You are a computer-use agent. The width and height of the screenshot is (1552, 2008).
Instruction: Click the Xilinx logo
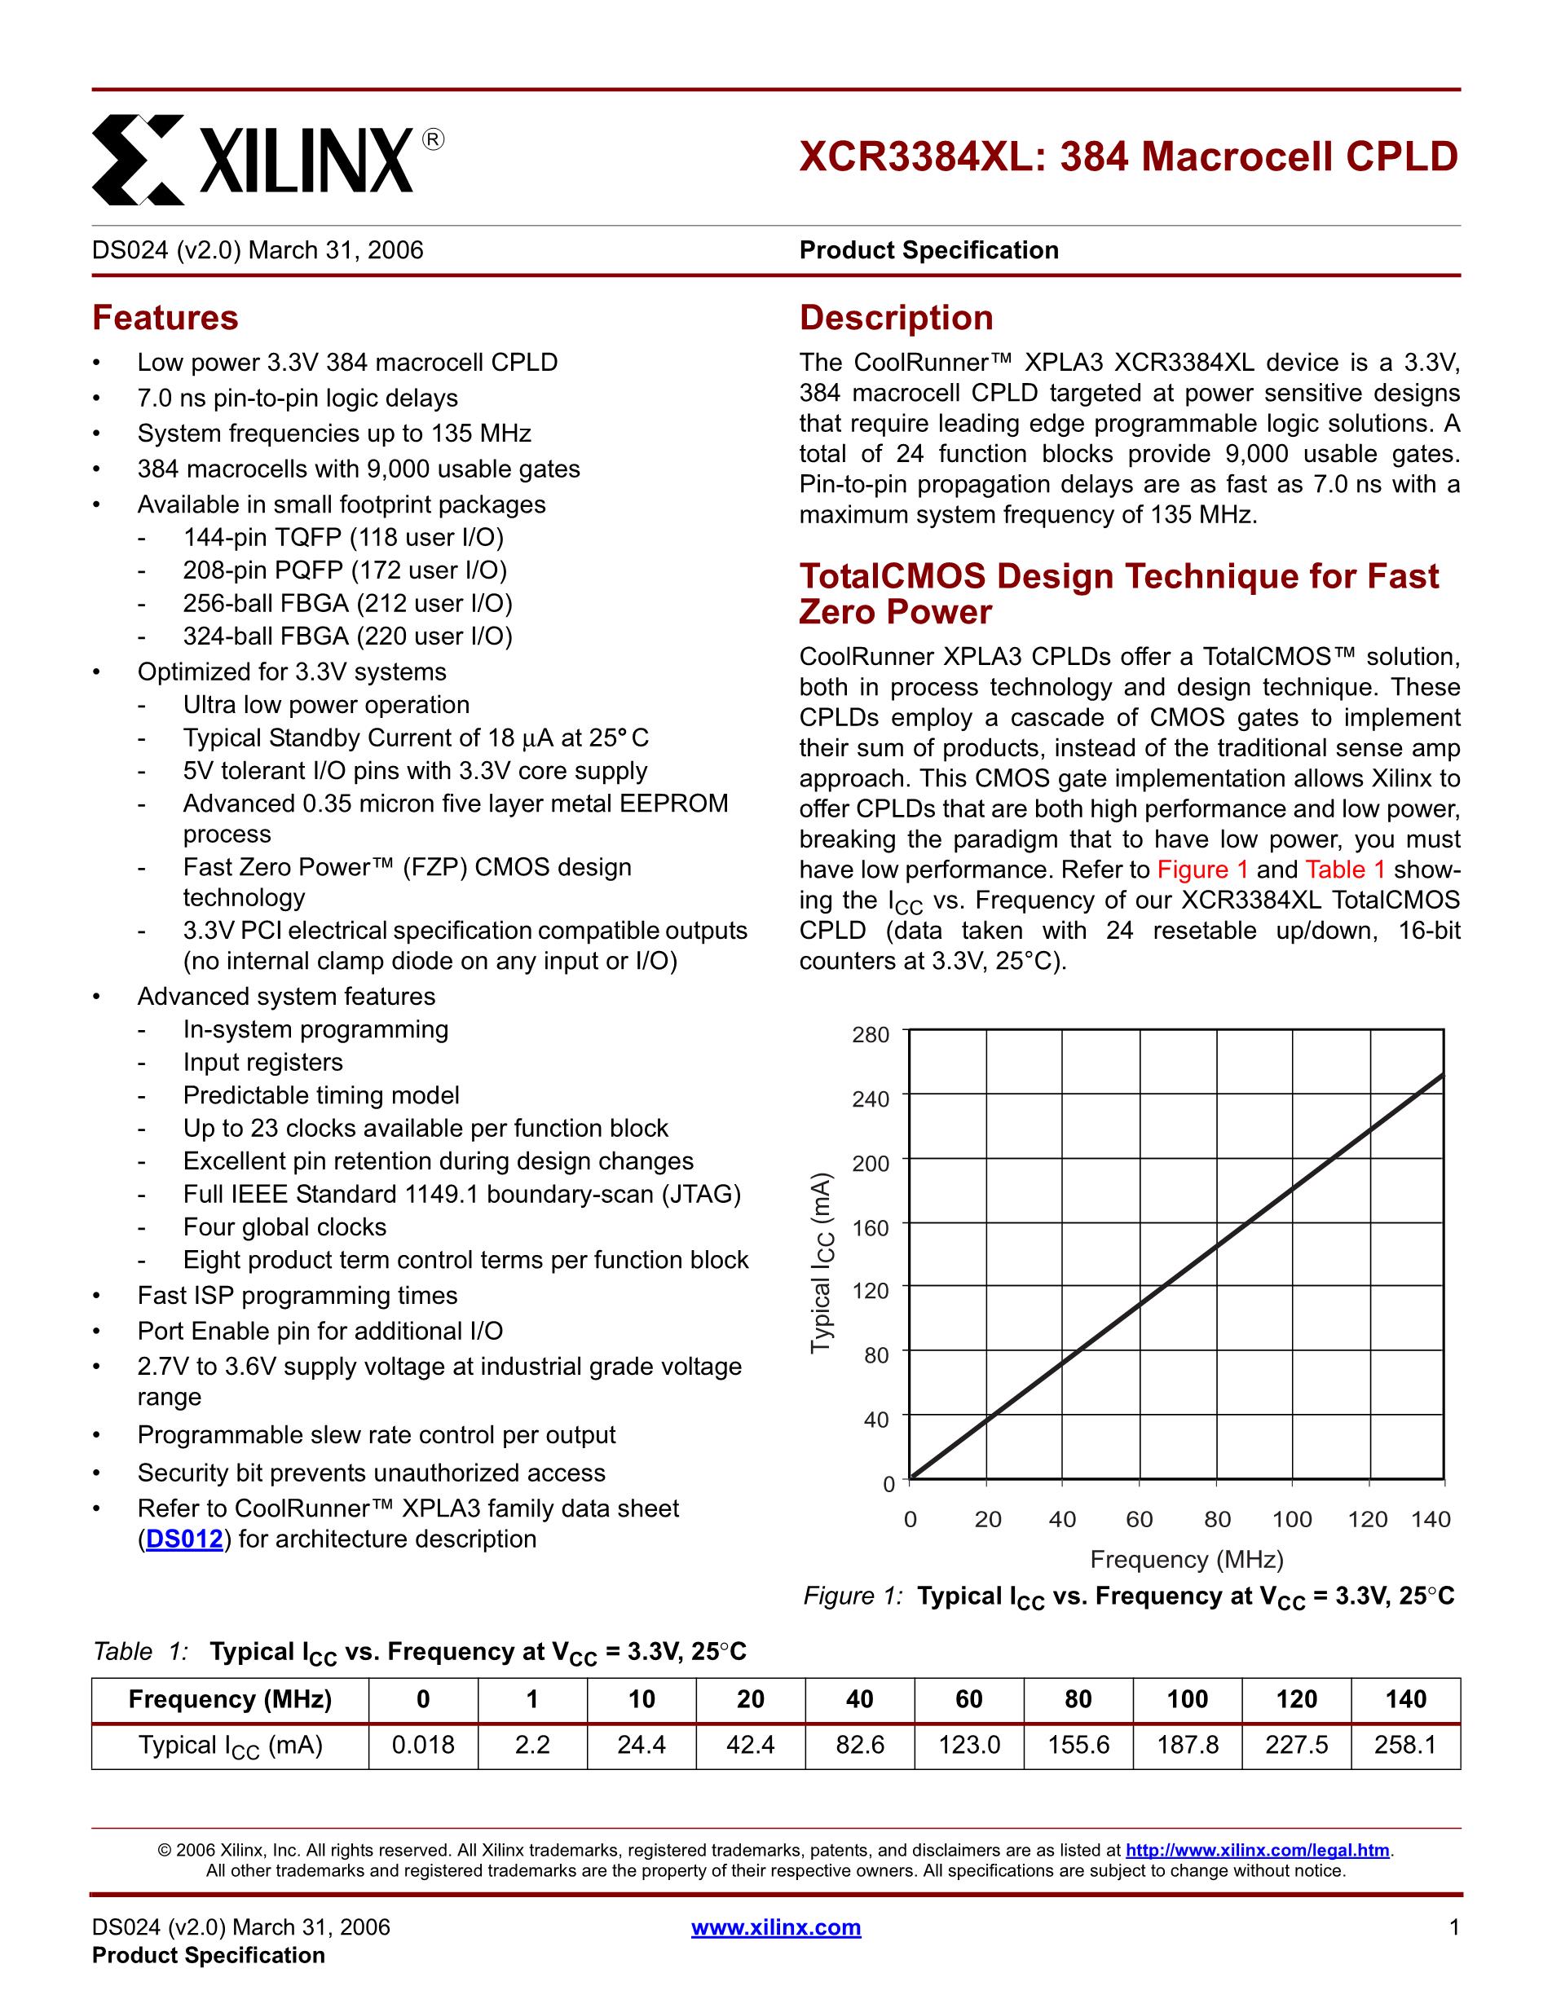click(x=267, y=158)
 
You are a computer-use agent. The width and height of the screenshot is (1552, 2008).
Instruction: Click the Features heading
click(x=165, y=318)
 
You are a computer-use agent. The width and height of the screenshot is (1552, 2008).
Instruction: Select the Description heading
click(x=896, y=318)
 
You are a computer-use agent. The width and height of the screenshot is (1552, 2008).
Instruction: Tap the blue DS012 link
click(x=184, y=1539)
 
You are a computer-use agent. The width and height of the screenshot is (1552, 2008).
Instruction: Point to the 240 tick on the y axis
click(x=871, y=1099)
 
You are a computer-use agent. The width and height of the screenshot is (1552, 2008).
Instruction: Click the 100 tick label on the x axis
click(x=1292, y=1520)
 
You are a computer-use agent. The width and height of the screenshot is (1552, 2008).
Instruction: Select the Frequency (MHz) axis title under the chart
click(x=1186, y=1559)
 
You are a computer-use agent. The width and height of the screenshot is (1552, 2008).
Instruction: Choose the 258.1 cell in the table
click(x=1405, y=1745)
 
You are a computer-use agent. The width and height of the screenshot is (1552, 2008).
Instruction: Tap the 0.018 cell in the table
click(x=423, y=1745)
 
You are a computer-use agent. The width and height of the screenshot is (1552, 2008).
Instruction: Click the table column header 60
click(x=969, y=1699)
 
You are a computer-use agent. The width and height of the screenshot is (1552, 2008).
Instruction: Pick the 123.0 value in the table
click(x=969, y=1745)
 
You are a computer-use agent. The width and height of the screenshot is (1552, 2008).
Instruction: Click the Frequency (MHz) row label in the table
click(x=230, y=1699)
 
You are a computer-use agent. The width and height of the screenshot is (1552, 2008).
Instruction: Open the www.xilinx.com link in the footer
click(x=776, y=1927)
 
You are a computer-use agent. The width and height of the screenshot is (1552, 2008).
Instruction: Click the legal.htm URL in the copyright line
click(x=1258, y=1851)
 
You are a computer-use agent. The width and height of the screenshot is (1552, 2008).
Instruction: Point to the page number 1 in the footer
click(x=1453, y=1927)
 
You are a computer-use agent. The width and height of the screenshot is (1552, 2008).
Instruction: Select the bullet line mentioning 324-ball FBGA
click(x=347, y=636)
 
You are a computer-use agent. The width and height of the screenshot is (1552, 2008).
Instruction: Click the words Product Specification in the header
click(x=928, y=250)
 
